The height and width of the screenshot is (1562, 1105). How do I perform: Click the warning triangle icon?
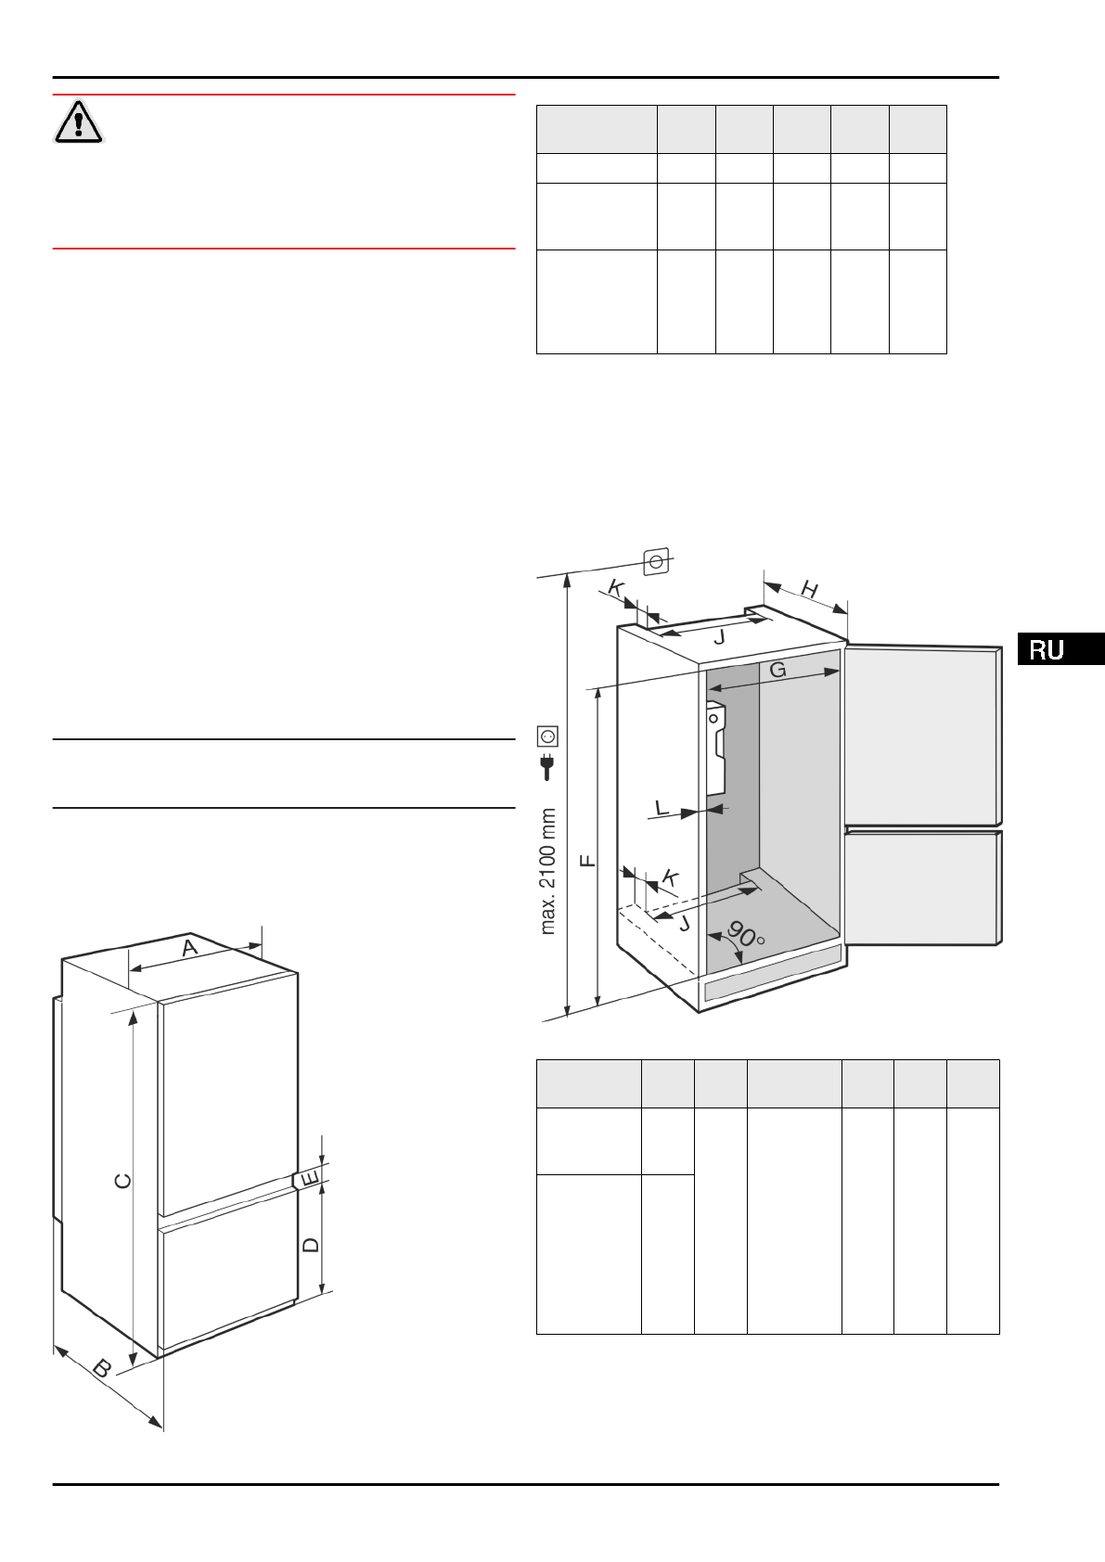coord(79,122)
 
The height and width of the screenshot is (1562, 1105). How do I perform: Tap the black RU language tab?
coord(1060,649)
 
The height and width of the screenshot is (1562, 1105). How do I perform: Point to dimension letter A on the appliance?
coord(190,949)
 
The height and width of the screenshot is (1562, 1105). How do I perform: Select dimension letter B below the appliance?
coord(103,1367)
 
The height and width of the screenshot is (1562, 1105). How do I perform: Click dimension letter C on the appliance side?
coord(122,1181)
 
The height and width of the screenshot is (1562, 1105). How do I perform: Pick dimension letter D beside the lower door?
coord(312,1245)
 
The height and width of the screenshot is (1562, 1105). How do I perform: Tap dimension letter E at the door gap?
coord(310,1179)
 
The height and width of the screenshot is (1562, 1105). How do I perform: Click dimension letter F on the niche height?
coord(587,862)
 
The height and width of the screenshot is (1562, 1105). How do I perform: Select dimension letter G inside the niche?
coord(777,670)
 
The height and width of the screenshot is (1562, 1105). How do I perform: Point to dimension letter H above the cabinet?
coord(809,590)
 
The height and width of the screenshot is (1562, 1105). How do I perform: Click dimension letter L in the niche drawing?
coord(662,809)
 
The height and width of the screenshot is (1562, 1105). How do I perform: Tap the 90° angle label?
coord(745,933)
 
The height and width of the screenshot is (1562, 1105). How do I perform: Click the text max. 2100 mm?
coord(548,871)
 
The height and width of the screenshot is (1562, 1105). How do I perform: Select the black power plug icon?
coord(547,765)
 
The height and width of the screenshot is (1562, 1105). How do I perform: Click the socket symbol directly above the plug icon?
coord(547,736)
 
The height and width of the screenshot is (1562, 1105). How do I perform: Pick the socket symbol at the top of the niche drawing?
coord(657,561)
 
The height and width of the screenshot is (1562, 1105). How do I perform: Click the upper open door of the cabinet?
coord(922,735)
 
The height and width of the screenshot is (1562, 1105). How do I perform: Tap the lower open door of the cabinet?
coord(922,887)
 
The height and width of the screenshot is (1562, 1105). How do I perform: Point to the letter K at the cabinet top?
coord(616,587)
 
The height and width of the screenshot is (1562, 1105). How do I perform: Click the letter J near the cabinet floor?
coord(685,923)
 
